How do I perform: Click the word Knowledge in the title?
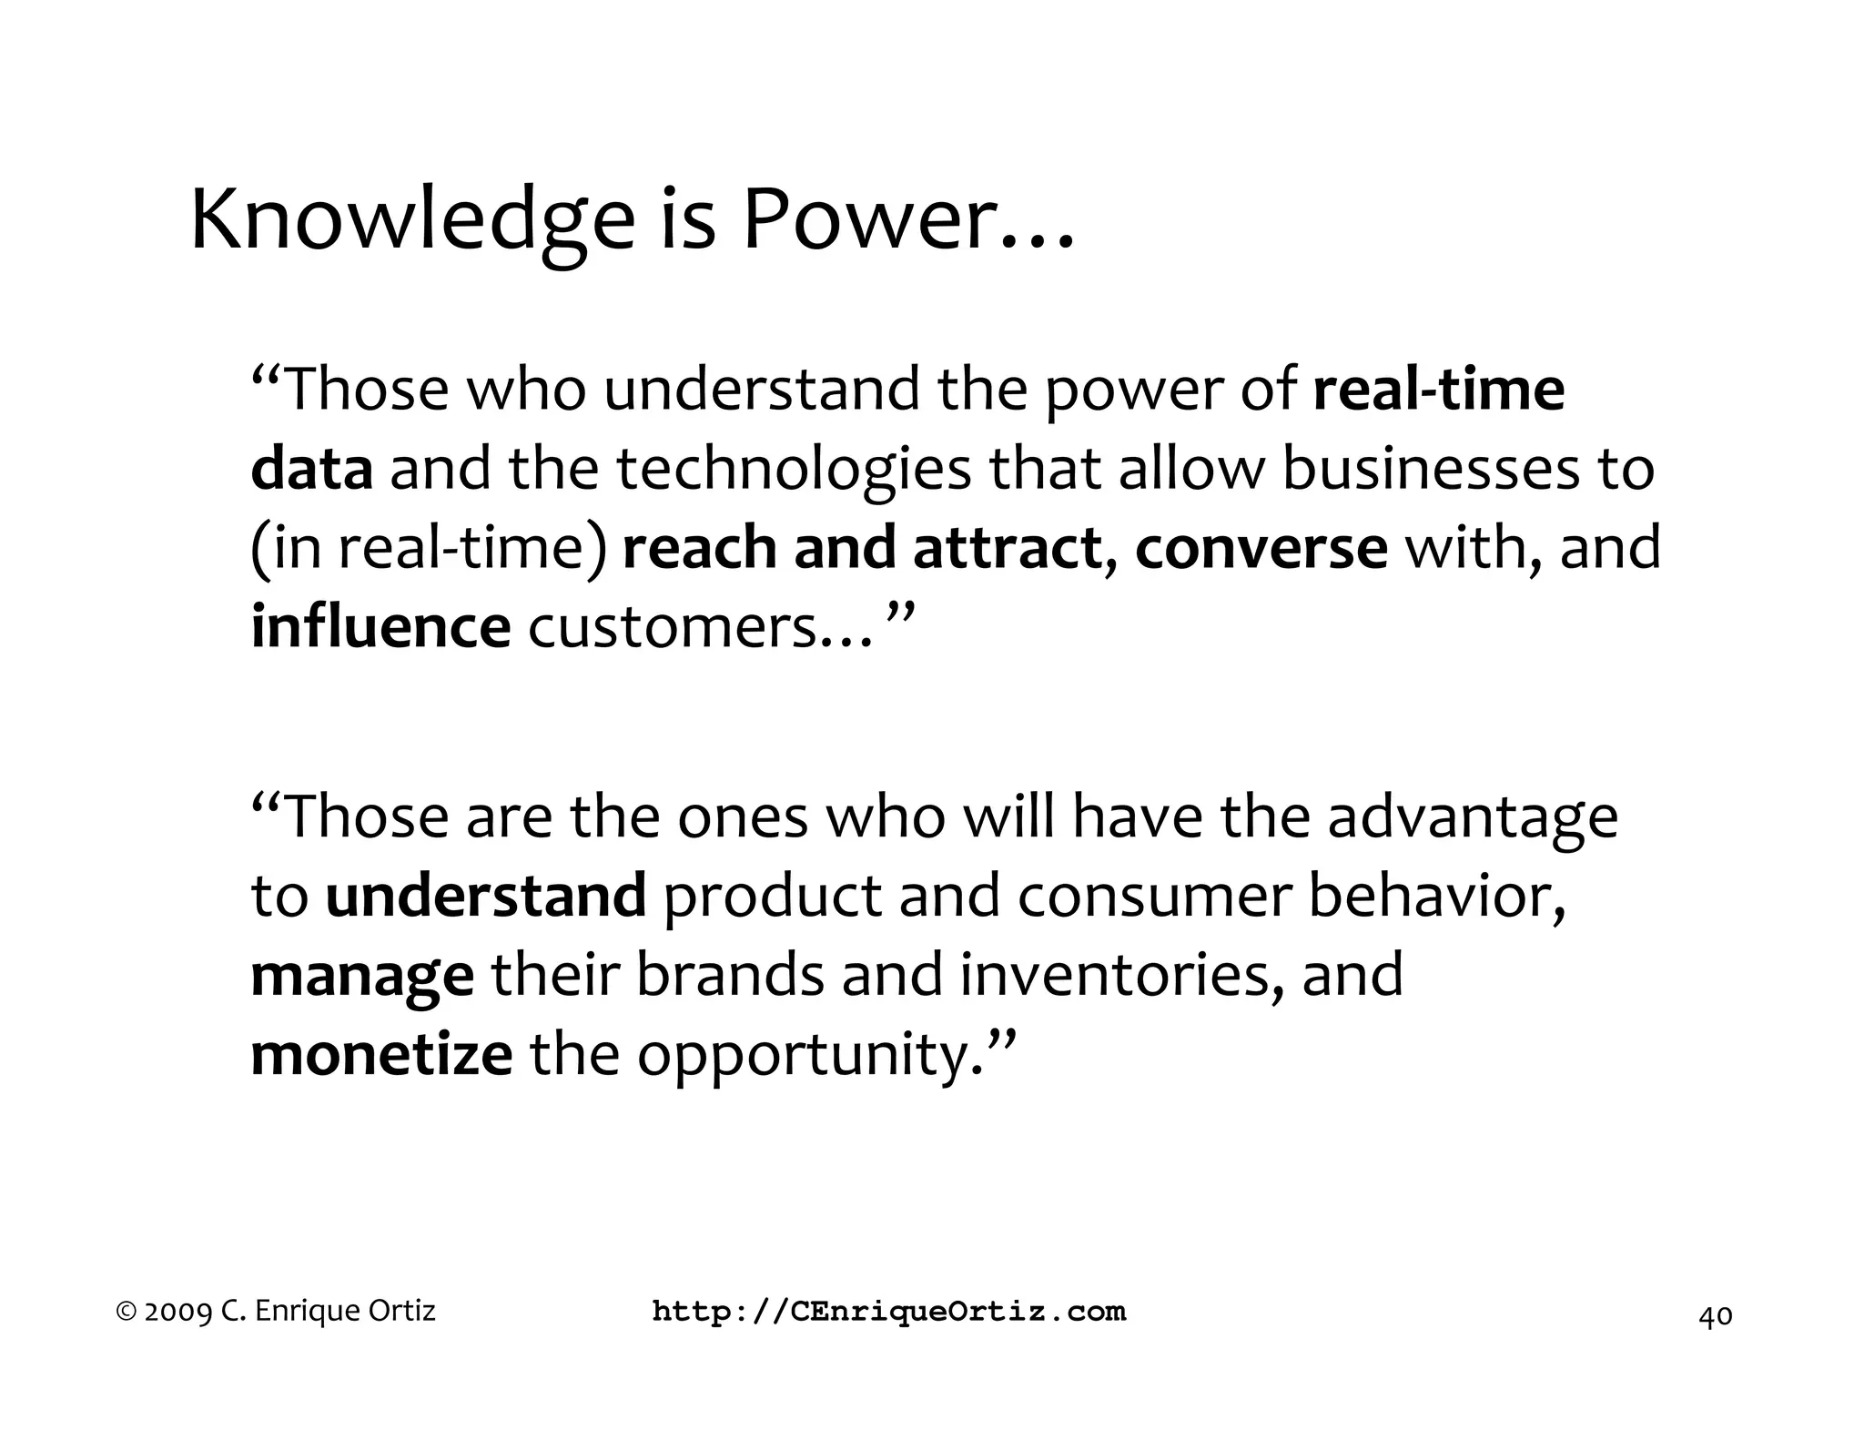pos(411,221)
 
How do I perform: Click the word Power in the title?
pos(865,221)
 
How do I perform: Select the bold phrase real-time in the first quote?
pos(1439,389)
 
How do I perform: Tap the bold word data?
pos(311,469)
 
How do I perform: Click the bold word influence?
pos(380,627)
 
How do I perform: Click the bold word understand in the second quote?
pos(486,896)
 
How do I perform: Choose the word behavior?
pos(1435,896)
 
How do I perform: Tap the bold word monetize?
pos(381,1055)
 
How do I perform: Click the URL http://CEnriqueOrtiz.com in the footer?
pos(889,1312)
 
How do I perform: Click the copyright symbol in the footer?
pos(127,1312)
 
